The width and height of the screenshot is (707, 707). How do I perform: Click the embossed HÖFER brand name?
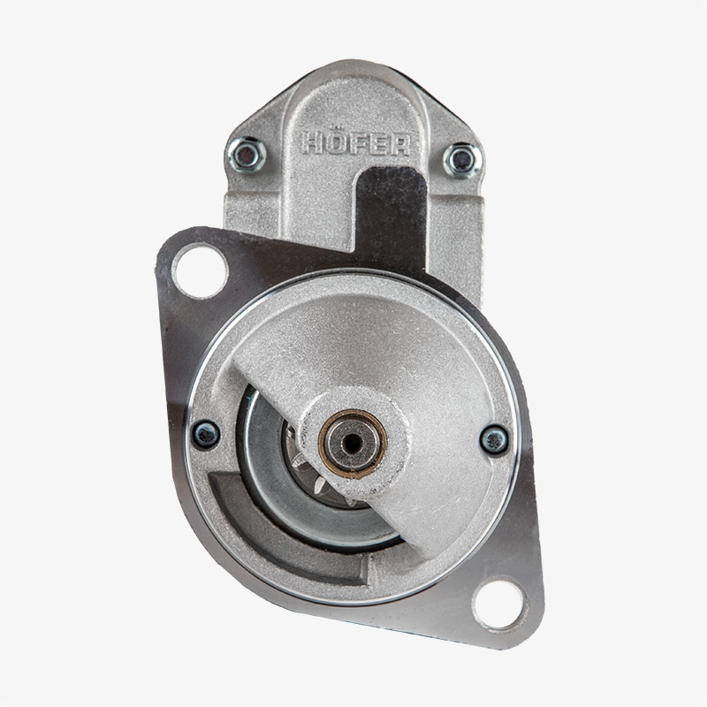pos(356,144)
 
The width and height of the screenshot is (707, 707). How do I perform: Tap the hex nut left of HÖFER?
pos(247,155)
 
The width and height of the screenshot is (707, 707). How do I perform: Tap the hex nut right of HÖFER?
pos(461,161)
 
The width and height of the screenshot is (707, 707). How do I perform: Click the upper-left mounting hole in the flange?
pos(201,270)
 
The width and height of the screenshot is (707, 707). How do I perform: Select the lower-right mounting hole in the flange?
pos(499,604)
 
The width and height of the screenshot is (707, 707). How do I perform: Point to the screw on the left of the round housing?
pos(206,434)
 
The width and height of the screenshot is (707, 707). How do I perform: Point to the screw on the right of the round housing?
pos(494,439)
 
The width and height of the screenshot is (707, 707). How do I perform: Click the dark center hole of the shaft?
pos(352,444)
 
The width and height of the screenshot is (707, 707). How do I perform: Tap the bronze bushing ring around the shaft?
pos(352,445)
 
